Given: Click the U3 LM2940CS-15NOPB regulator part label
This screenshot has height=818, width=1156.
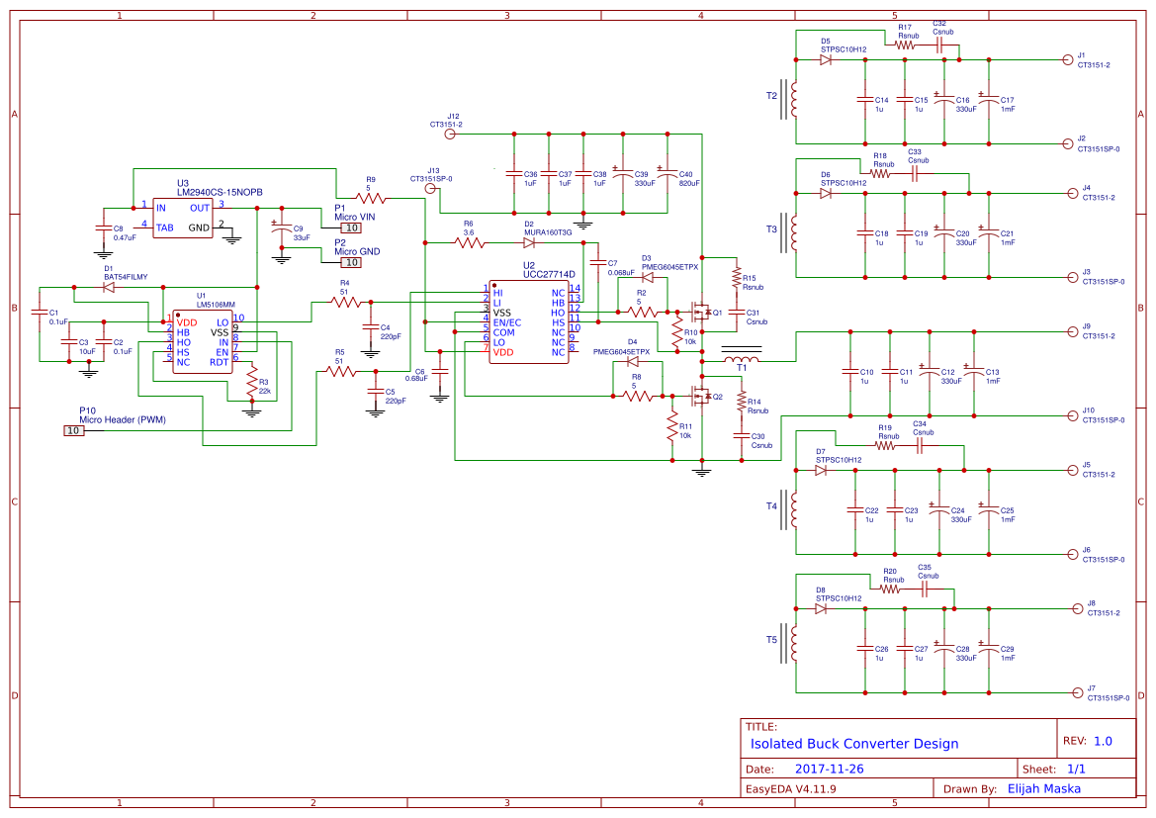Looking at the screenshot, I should (x=220, y=192).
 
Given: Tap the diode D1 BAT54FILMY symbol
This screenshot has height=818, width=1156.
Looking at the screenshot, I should (x=109, y=288).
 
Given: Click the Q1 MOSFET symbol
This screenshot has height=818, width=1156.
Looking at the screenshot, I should (x=701, y=314).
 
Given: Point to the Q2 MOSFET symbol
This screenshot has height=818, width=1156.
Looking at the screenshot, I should (x=701, y=398).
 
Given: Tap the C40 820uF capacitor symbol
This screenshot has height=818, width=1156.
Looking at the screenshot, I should (x=667, y=175).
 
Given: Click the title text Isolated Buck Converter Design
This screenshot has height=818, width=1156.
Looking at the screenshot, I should (x=854, y=744).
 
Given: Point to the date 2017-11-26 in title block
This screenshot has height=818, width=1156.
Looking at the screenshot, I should (x=829, y=769).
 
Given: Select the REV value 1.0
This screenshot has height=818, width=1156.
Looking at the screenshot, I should (x=1102, y=741).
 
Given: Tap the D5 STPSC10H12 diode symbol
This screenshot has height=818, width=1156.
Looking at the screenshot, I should (x=826, y=59).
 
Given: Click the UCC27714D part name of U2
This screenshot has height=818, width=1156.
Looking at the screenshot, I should (x=549, y=274).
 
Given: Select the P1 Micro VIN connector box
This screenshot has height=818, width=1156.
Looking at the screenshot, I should (x=350, y=227).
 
